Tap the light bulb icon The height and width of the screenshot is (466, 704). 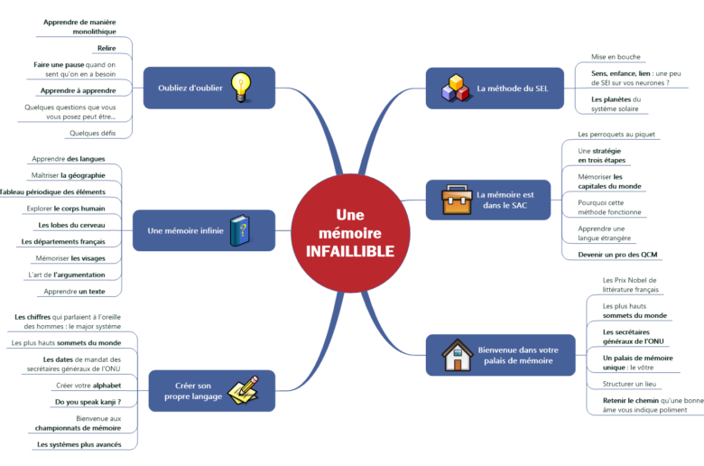240,87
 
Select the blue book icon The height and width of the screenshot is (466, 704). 238,230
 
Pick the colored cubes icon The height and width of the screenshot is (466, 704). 455,88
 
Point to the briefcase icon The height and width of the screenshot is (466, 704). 454,200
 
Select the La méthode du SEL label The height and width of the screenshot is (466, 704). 512,89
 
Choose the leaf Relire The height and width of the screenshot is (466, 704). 106,48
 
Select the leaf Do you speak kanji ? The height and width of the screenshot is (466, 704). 88,402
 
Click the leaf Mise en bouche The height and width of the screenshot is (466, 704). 616,57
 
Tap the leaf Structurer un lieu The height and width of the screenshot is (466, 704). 630,384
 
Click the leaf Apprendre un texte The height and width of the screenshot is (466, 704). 75,292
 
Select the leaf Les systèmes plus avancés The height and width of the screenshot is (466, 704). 79,444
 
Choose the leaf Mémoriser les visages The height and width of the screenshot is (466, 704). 70,257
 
